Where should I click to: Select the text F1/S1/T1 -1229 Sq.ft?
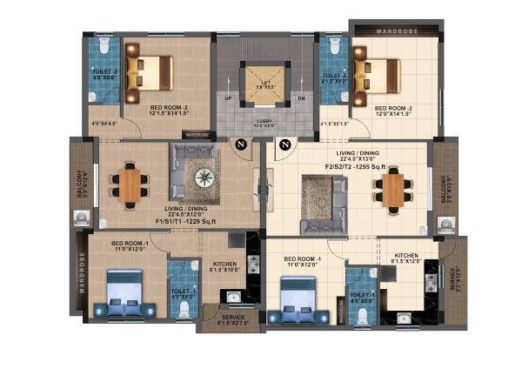tap(186, 222)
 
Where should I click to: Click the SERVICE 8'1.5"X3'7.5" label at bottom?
tap(225, 321)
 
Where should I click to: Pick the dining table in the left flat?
tap(129, 184)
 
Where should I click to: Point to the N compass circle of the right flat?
tap(284, 144)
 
